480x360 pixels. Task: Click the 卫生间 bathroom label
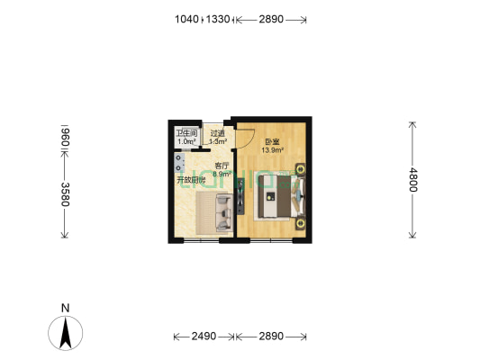(x=186, y=134)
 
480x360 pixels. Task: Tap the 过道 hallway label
(x=217, y=134)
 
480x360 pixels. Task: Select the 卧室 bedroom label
(x=271, y=141)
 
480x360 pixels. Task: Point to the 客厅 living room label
(x=222, y=166)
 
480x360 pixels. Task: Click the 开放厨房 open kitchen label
(x=190, y=180)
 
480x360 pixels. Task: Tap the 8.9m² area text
(x=222, y=174)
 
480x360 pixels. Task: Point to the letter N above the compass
(x=65, y=308)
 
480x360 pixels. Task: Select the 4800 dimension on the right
(x=413, y=180)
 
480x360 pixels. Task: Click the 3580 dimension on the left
(x=65, y=193)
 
